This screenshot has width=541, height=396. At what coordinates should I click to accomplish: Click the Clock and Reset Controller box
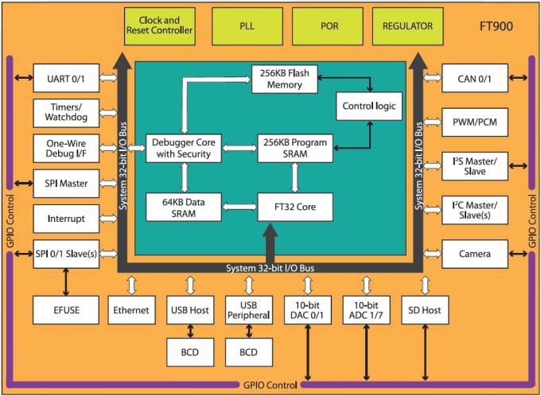161,26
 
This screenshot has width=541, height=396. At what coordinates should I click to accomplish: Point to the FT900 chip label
495,26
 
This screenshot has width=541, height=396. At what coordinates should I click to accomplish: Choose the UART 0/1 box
66,79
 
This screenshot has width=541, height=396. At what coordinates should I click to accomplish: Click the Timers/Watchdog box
66,113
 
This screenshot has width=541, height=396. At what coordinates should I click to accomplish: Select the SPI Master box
66,184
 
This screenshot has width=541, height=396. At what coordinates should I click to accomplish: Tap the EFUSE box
66,309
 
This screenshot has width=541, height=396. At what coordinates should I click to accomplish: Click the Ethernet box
131,309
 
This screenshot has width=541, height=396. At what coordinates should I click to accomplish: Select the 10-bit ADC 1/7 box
366,309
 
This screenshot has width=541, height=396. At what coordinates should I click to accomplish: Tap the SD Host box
424,309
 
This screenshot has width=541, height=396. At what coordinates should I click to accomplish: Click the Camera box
475,254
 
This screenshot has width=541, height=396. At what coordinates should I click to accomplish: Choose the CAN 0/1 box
475,79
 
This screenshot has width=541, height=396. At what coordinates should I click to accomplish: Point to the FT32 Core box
294,207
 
